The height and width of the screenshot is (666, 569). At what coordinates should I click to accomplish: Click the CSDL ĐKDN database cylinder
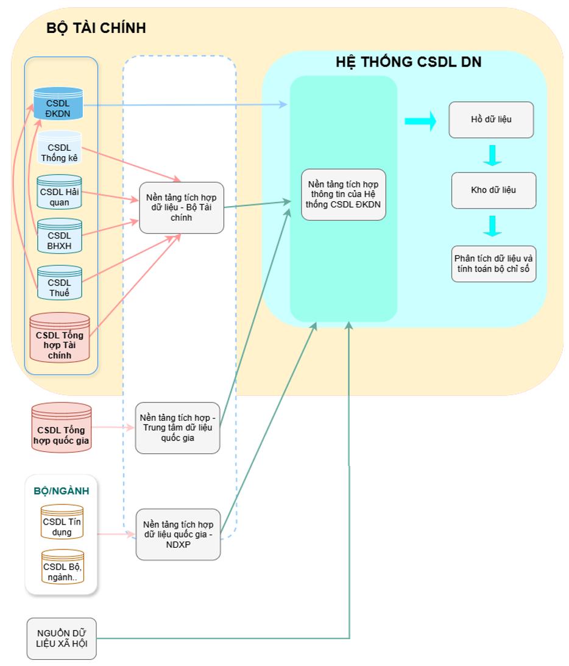(58, 105)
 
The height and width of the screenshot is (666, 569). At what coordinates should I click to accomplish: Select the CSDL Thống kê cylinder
(60, 149)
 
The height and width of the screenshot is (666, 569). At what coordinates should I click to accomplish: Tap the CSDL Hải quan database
(60, 192)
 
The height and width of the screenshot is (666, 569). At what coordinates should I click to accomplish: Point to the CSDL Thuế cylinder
(60, 282)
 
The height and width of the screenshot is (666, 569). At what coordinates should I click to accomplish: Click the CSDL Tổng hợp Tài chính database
(60, 339)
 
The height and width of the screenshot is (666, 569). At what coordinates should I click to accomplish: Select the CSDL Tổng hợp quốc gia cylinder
(61, 428)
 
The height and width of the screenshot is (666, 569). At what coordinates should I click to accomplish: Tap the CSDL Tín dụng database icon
(62, 523)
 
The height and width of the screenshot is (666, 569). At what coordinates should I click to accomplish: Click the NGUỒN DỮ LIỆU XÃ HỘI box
(62, 639)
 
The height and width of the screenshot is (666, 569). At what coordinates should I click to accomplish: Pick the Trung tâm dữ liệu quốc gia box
(177, 428)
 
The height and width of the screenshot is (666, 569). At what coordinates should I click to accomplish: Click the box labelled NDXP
(177, 534)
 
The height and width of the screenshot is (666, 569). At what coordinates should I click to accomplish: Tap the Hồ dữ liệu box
(491, 120)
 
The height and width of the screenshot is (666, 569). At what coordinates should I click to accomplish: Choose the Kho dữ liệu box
(493, 190)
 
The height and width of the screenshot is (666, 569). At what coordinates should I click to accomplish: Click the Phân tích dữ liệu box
(493, 263)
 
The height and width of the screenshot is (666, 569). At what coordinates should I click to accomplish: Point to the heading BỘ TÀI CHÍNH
(96, 28)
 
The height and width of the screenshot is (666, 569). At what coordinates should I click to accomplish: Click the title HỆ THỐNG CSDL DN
(409, 62)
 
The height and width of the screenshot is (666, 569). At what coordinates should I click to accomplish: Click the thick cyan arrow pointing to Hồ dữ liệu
(420, 120)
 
